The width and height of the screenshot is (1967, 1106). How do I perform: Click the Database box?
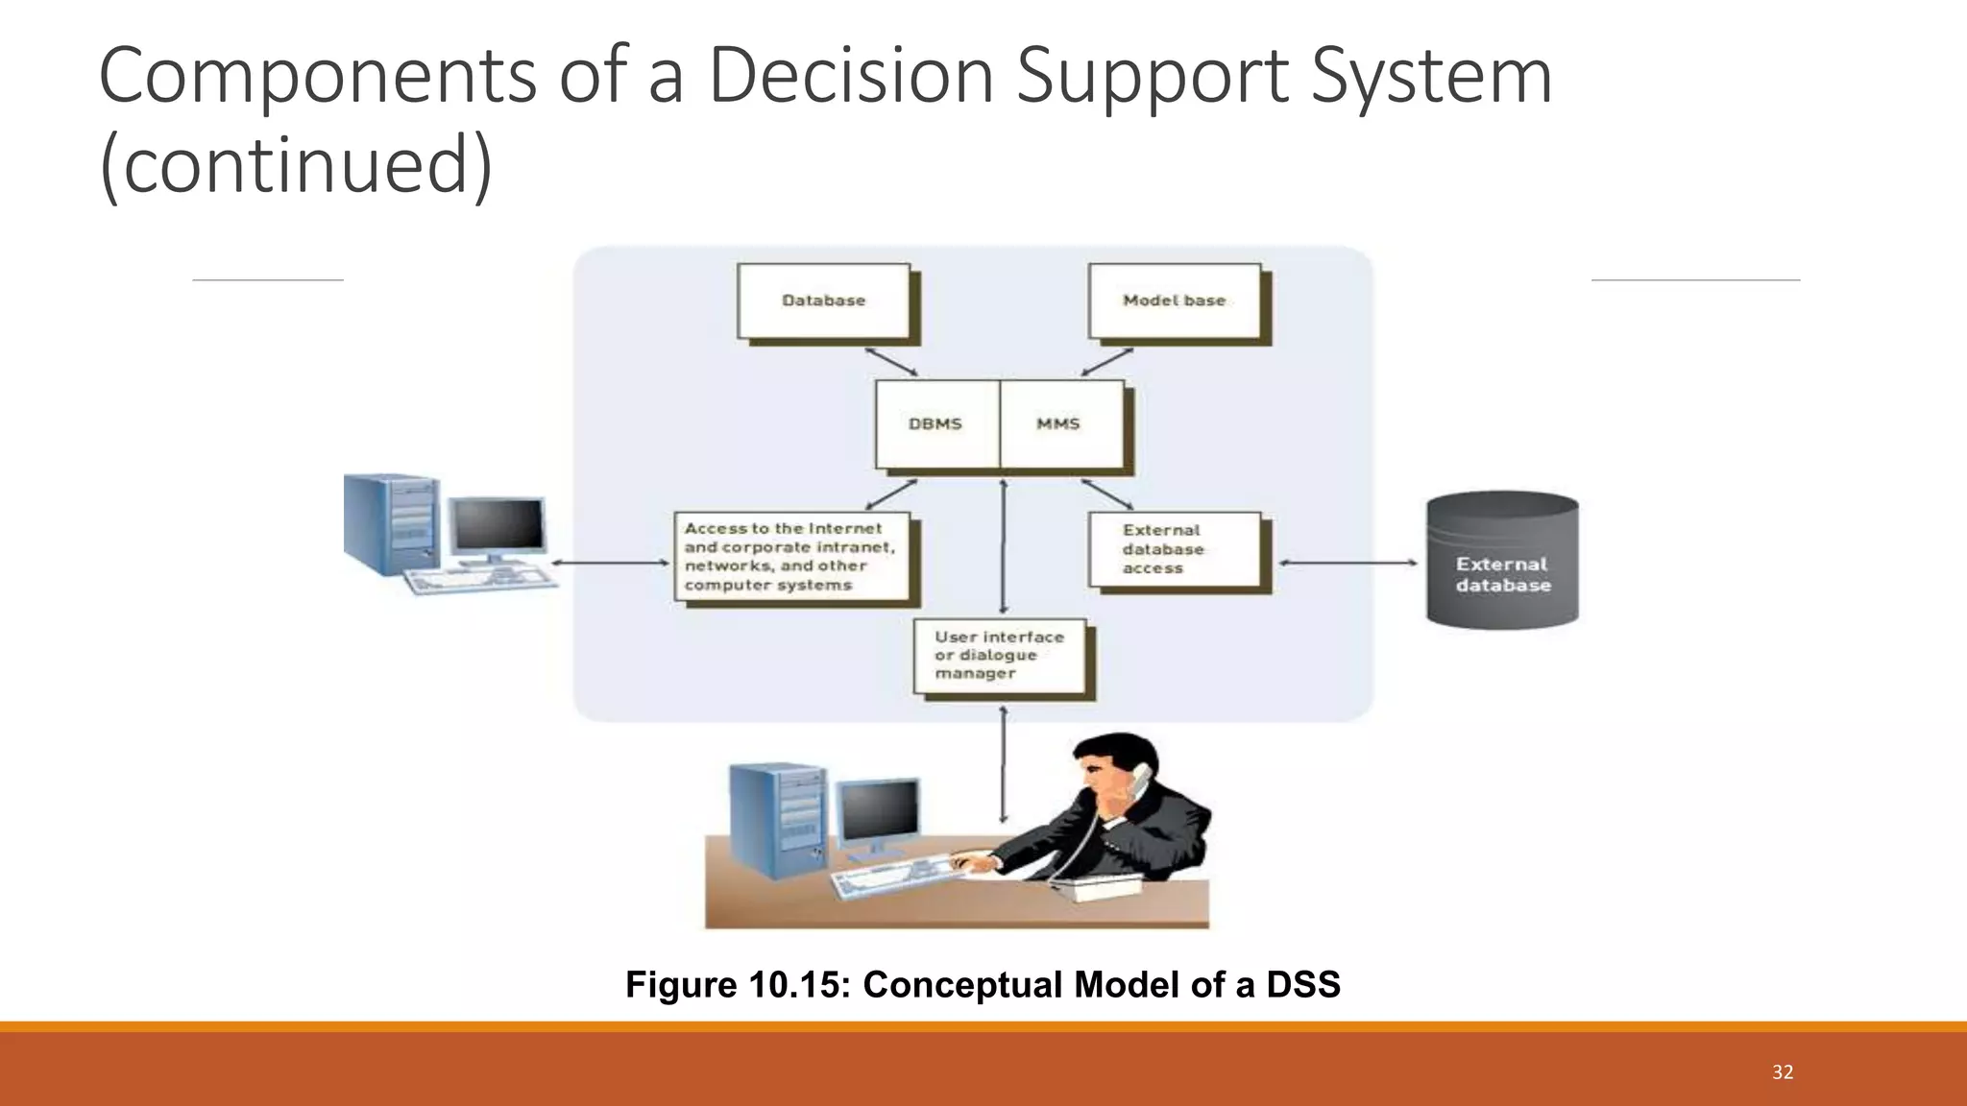(x=823, y=301)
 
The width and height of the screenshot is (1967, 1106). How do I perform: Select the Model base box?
(x=1174, y=301)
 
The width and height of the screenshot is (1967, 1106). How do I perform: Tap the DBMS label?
(x=935, y=423)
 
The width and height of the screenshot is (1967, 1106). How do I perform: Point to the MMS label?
(x=1058, y=423)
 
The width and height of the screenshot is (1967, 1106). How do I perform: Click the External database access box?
(x=1174, y=549)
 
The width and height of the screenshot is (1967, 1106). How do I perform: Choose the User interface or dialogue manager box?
(x=1000, y=656)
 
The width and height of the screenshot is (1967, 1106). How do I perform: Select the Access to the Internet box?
(x=791, y=557)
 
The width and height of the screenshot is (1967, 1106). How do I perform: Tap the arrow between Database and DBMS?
(x=891, y=362)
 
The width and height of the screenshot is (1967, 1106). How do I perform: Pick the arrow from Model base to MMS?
(x=1107, y=362)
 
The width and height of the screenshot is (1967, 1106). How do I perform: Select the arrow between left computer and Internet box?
(x=611, y=563)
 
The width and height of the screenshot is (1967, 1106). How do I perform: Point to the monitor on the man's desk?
(x=878, y=812)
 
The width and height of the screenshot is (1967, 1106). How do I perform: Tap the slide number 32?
(x=1783, y=1072)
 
